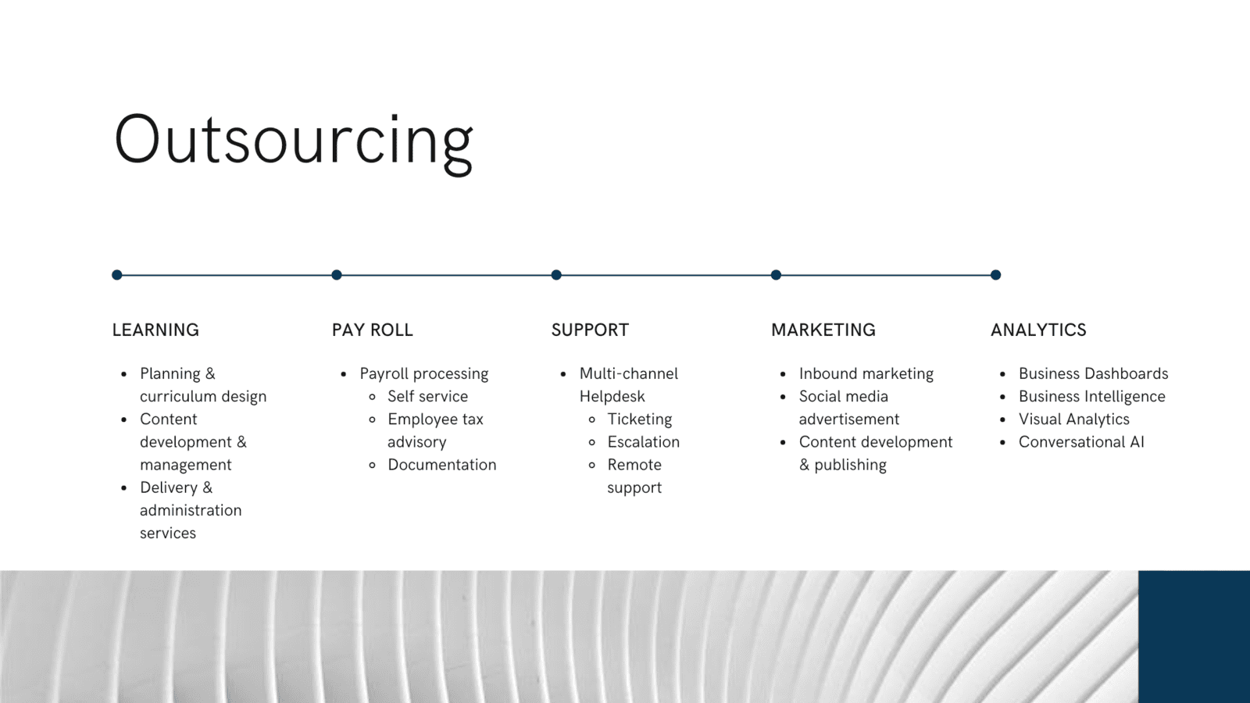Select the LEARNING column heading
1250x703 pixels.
155,330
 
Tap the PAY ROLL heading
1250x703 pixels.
372,330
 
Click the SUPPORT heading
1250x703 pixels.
590,330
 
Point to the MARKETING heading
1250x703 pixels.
823,330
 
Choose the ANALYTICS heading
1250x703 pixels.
1038,330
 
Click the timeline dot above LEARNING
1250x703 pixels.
116,274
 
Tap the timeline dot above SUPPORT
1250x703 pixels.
556,274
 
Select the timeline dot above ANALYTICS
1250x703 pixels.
995,274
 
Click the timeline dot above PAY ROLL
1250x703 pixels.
337,274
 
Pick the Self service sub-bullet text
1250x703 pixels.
427,396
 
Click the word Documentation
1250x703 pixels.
441,465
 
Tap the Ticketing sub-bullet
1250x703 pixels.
640,419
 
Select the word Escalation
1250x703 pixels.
644,442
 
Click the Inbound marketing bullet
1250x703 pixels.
866,374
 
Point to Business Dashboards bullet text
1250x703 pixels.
1093,373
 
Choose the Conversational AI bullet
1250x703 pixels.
1081,442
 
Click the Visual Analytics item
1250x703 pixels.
1073,419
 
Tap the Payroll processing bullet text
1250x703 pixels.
423,374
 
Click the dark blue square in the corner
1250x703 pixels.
1195,637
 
